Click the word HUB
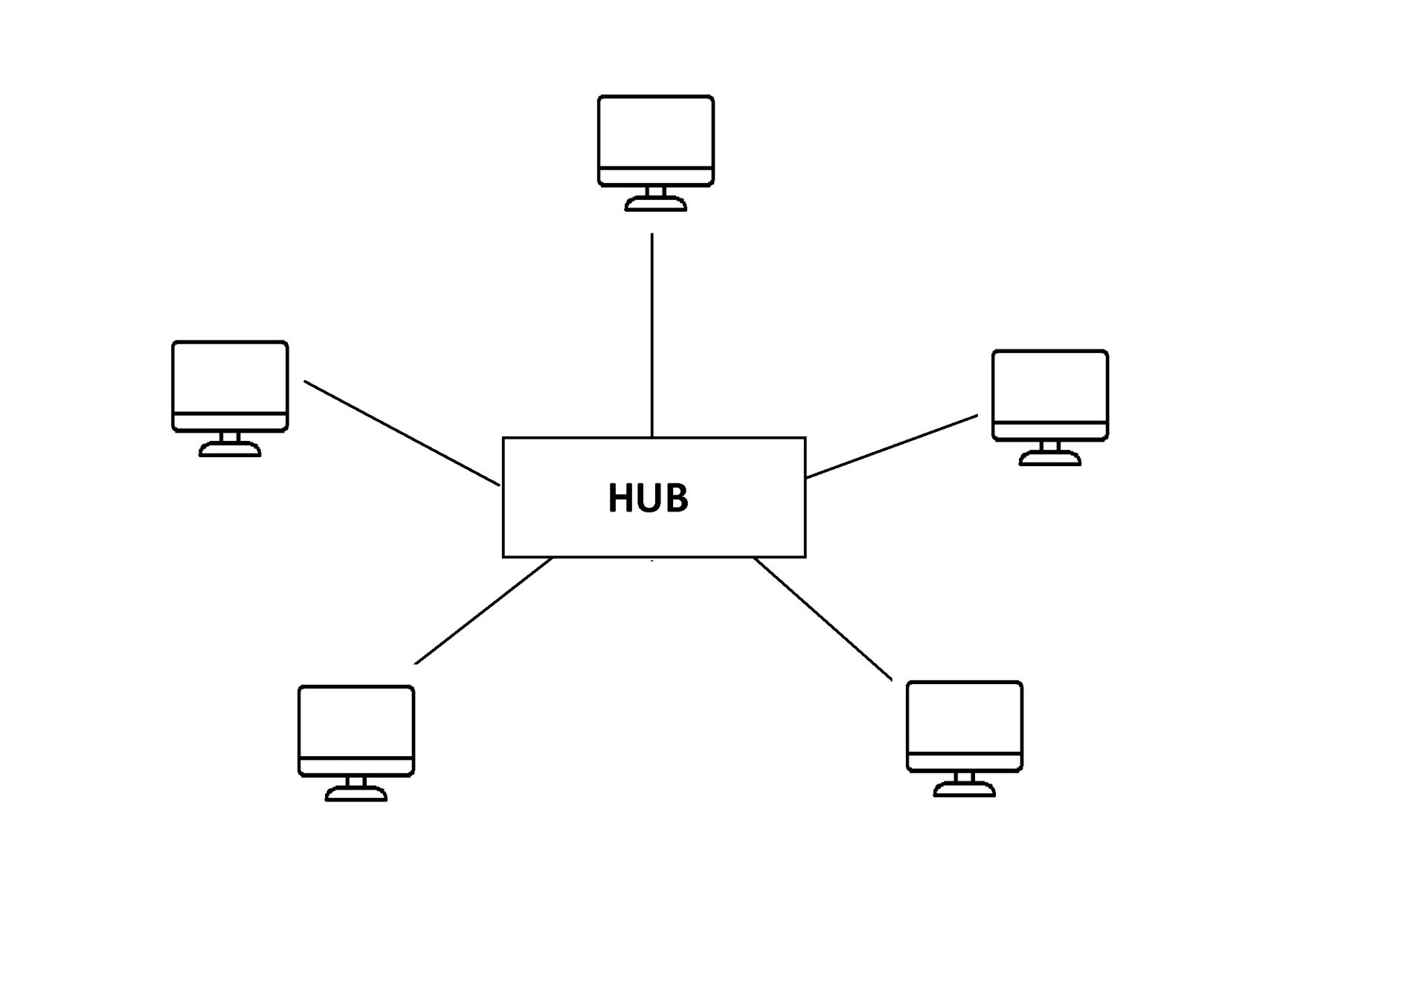coord(648,497)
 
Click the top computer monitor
coord(655,141)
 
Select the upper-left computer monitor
coord(230,387)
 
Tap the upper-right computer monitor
coord(1049,396)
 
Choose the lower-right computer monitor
coord(964,726)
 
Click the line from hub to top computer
coord(652,335)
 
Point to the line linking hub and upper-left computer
coord(402,433)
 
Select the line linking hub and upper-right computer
coord(892,446)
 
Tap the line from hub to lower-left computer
coord(483,610)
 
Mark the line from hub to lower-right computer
coord(823,619)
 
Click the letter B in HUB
coord(675,497)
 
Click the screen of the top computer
coord(655,132)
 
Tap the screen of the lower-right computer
coord(964,717)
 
